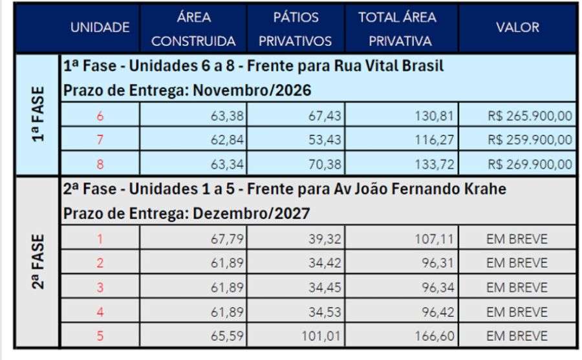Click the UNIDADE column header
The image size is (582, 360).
click(x=100, y=27)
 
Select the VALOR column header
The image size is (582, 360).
click(x=518, y=27)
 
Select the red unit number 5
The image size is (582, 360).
click(x=100, y=337)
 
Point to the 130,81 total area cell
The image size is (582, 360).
click(x=434, y=116)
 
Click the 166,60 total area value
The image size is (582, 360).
click(x=434, y=337)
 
